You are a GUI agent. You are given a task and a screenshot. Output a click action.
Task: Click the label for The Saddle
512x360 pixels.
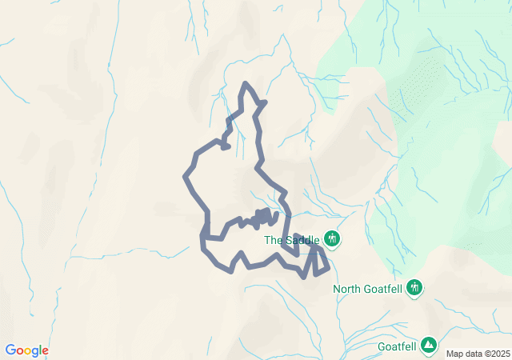[292, 239]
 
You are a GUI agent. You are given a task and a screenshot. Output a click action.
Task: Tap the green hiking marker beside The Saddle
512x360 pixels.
[332, 238]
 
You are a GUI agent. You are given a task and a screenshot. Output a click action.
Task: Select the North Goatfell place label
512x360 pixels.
[368, 289]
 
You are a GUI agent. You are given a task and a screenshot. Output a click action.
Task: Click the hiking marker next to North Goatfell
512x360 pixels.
[414, 287]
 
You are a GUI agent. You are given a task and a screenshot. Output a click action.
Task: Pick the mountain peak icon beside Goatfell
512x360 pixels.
[430, 344]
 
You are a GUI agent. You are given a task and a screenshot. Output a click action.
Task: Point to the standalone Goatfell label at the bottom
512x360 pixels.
[398, 348]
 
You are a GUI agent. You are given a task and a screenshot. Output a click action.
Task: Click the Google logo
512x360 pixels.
[26, 350]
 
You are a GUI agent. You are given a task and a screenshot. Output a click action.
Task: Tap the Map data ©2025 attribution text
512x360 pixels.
[477, 354]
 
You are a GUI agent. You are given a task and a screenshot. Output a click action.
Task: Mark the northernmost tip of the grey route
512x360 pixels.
[246, 83]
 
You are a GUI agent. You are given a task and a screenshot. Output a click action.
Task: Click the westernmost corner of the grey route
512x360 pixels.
[186, 174]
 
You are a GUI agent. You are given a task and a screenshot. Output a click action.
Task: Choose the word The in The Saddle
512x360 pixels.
[273, 239]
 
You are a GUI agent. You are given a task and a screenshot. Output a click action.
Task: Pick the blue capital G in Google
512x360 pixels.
[10, 350]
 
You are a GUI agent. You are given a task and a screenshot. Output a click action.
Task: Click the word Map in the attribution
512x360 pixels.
[454, 354]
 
